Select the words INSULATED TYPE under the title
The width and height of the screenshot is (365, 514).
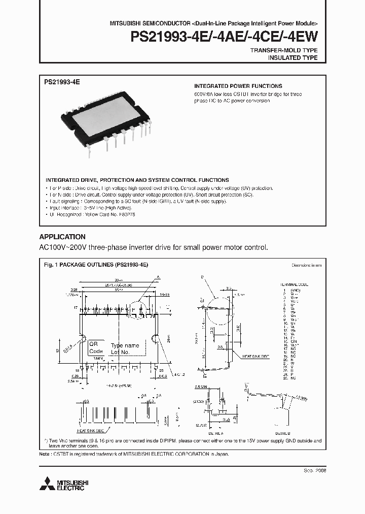click(x=293, y=58)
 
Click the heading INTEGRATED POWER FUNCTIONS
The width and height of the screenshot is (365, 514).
click(x=238, y=86)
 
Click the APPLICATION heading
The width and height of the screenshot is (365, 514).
click(x=62, y=237)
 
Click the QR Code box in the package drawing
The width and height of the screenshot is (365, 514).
click(x=96, y=347)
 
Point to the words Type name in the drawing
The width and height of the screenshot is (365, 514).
click(x=125, y=345)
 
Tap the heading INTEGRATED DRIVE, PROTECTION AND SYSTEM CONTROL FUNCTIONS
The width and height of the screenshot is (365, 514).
click(x=137, y=180)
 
